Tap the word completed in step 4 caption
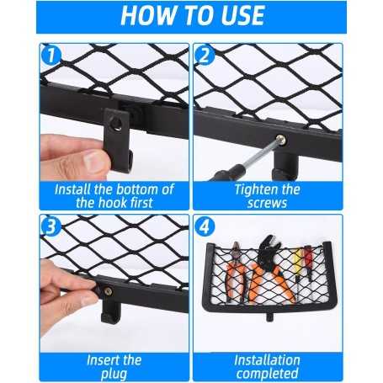pyautogui.click(x=267, y=373)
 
